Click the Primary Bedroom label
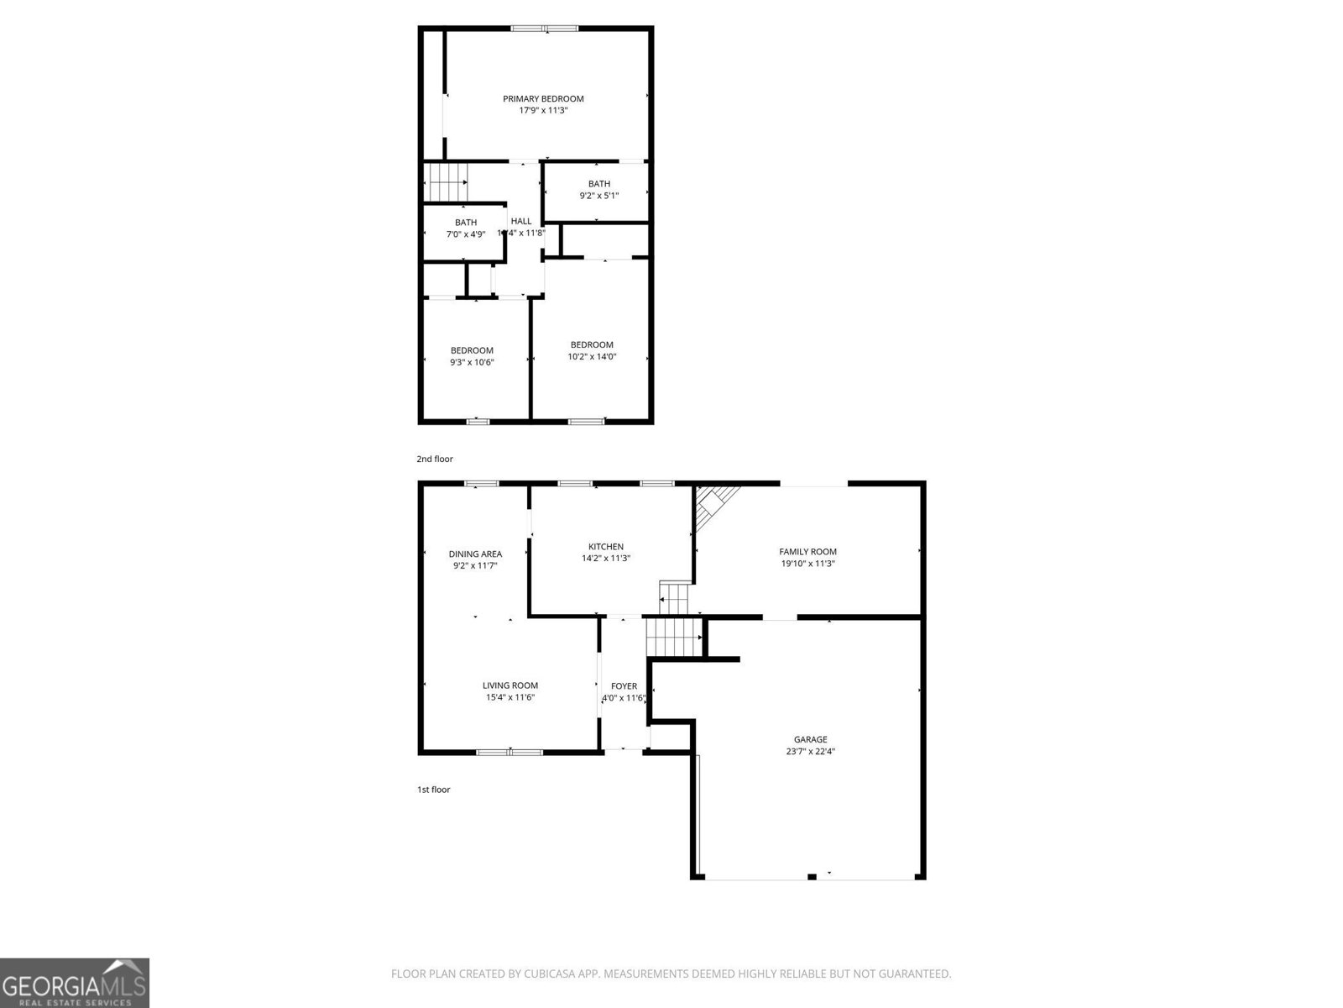543,98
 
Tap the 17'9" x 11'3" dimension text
543,110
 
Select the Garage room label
810,739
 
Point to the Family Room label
807,552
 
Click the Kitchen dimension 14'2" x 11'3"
605,559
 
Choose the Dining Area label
475,554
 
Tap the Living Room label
510,685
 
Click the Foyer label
624,686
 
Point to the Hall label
521,221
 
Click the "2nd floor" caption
435,459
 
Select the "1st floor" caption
433,790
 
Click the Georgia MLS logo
74,982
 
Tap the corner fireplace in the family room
713,504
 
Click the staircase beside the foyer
673,638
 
